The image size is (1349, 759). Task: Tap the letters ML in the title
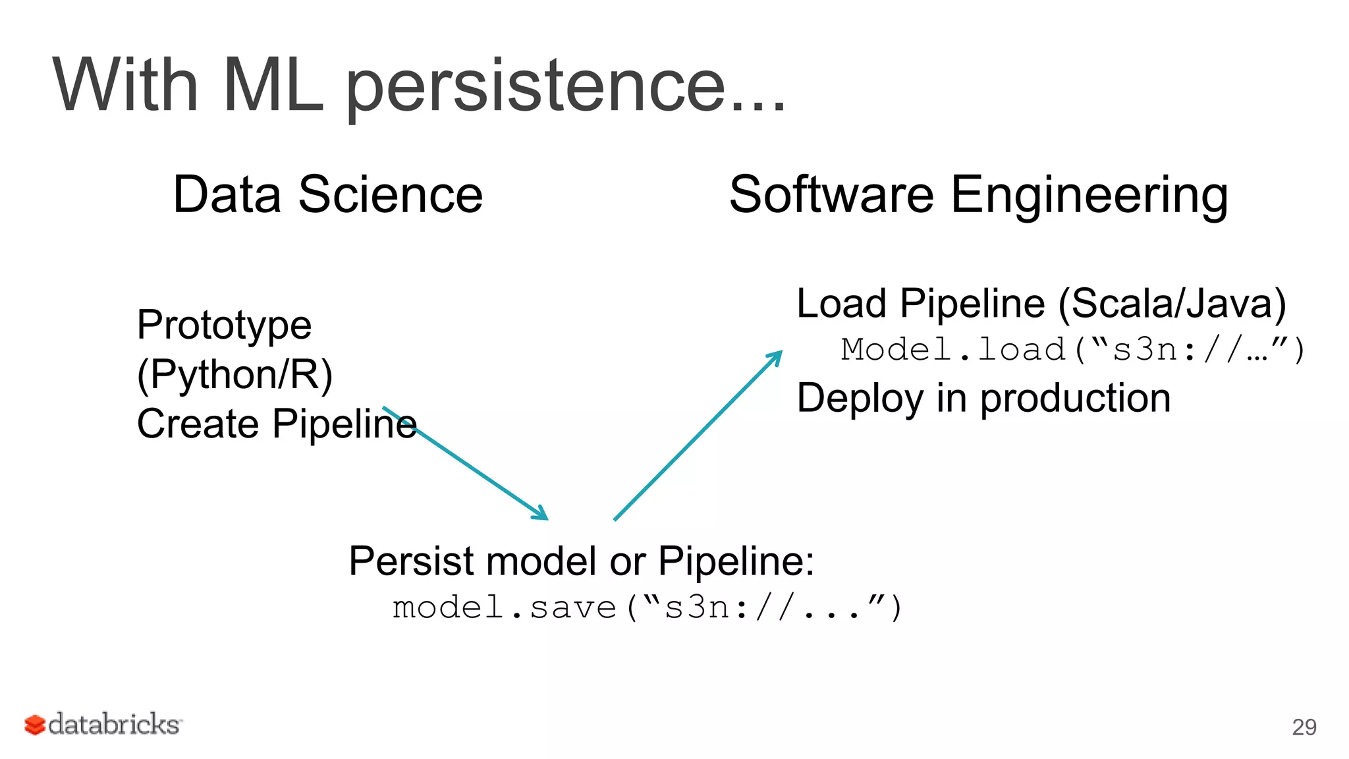(273, 86)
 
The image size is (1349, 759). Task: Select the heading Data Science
(327, 195)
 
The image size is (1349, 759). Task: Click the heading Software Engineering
(978, 195)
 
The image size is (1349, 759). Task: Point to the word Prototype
(224, 325)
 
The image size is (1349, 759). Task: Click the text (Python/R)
(234, 374)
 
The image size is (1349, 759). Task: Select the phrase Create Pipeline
(277, 424)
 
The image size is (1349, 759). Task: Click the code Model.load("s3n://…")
(1072, 350)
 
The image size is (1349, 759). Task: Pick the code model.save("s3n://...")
(647, 607)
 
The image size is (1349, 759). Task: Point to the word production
(1075, 399)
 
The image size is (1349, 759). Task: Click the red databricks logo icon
(34, 725)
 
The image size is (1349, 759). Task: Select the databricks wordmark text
(115, 725)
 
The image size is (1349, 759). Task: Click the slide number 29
(1304, 727)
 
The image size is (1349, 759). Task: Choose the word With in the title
(125, 86)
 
